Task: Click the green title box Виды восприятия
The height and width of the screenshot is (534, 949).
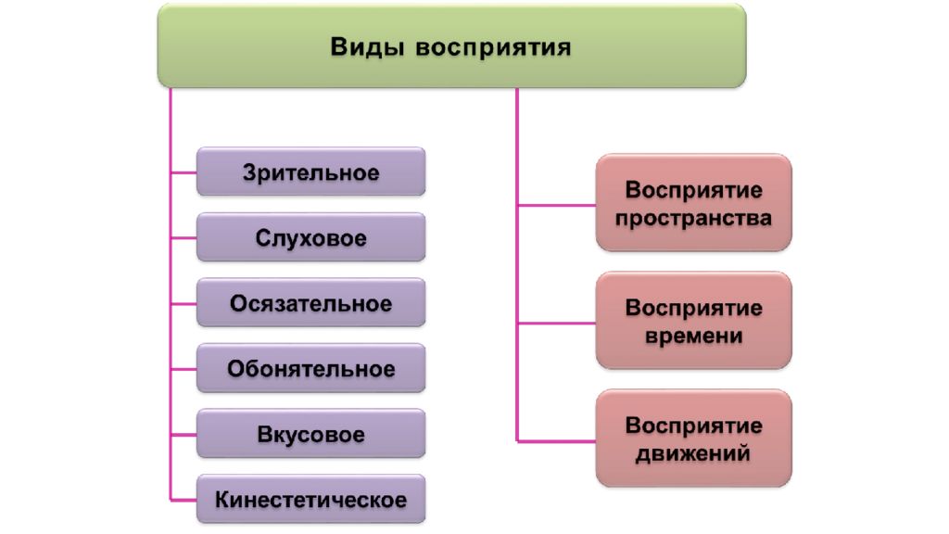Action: (451, 46)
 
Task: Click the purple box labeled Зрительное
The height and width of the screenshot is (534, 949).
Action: (311, 172)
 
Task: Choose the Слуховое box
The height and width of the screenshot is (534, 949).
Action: (311, 236)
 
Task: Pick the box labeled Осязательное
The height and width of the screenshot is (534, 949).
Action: (311, 302)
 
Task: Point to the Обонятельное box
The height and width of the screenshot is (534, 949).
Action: (311, 367)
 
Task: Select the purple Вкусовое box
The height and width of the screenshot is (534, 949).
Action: (311, 433)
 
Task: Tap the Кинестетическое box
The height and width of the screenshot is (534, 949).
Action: (311, 498)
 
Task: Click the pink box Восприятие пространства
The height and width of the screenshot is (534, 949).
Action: (693, 203)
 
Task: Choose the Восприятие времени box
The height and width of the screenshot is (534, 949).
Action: (693, 320)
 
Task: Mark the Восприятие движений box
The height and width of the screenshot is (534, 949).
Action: (693, 438)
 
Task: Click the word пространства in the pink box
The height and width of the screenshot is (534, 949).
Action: (693, 219)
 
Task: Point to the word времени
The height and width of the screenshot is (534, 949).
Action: (693, 336)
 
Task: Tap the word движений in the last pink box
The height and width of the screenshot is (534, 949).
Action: (693, 453)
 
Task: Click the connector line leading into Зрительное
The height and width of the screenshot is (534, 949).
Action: (184, 172)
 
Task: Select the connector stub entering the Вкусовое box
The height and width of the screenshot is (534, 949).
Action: (184, 435)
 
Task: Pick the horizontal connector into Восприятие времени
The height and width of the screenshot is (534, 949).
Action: (557, 324)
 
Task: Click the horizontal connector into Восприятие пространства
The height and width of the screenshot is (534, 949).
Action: (557, 206)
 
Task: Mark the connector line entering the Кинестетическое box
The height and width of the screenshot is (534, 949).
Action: (184, 500)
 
